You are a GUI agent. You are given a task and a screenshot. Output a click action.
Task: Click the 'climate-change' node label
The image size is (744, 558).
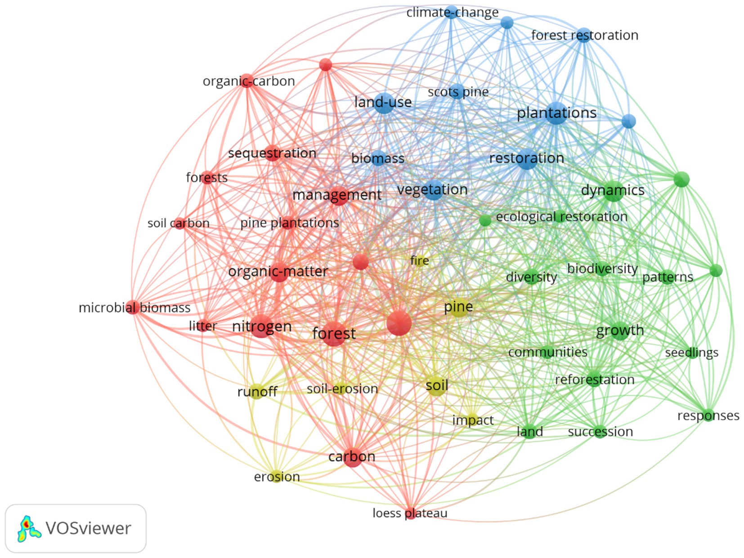tap(452, 13)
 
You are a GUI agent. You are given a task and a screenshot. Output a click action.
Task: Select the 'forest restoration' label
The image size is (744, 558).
tap(584, 35)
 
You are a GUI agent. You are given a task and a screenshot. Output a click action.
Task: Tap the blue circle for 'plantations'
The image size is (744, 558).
tap(556, 114)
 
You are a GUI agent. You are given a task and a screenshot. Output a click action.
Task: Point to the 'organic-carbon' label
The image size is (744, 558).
tap(249, 81)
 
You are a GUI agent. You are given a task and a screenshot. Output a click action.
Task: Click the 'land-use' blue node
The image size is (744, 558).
tap(384, 103)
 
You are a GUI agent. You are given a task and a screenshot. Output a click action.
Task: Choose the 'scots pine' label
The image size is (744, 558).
tap(458, 92)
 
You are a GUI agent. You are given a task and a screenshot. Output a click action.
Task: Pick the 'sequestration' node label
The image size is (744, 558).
tap(272, 153)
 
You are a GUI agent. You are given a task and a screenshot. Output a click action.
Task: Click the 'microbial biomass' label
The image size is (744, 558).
tap(134, 308)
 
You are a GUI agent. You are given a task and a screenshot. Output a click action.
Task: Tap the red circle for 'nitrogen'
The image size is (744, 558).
tap(262, 326)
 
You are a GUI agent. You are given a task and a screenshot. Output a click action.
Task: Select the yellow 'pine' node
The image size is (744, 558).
tap(458, 308)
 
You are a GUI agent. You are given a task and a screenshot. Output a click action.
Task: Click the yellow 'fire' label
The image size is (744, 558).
tap(419, 260)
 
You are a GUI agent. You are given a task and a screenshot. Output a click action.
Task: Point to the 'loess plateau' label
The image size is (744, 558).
tap(410, 513)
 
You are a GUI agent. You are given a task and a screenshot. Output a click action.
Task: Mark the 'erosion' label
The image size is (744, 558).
tap(277, 477)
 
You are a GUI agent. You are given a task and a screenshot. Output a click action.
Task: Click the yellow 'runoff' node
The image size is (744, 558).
tap(257, 392)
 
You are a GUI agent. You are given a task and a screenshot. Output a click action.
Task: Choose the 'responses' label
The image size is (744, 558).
tap(708, 415)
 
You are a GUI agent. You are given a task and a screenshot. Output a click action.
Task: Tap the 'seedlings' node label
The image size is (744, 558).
tap(691, 353)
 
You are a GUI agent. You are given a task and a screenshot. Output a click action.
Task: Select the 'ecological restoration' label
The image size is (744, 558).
tap(561, 217)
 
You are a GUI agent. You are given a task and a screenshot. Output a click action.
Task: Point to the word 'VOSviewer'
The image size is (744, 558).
tap(88, 528)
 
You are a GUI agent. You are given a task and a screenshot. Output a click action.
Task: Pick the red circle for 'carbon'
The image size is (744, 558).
tap(352, 457)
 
